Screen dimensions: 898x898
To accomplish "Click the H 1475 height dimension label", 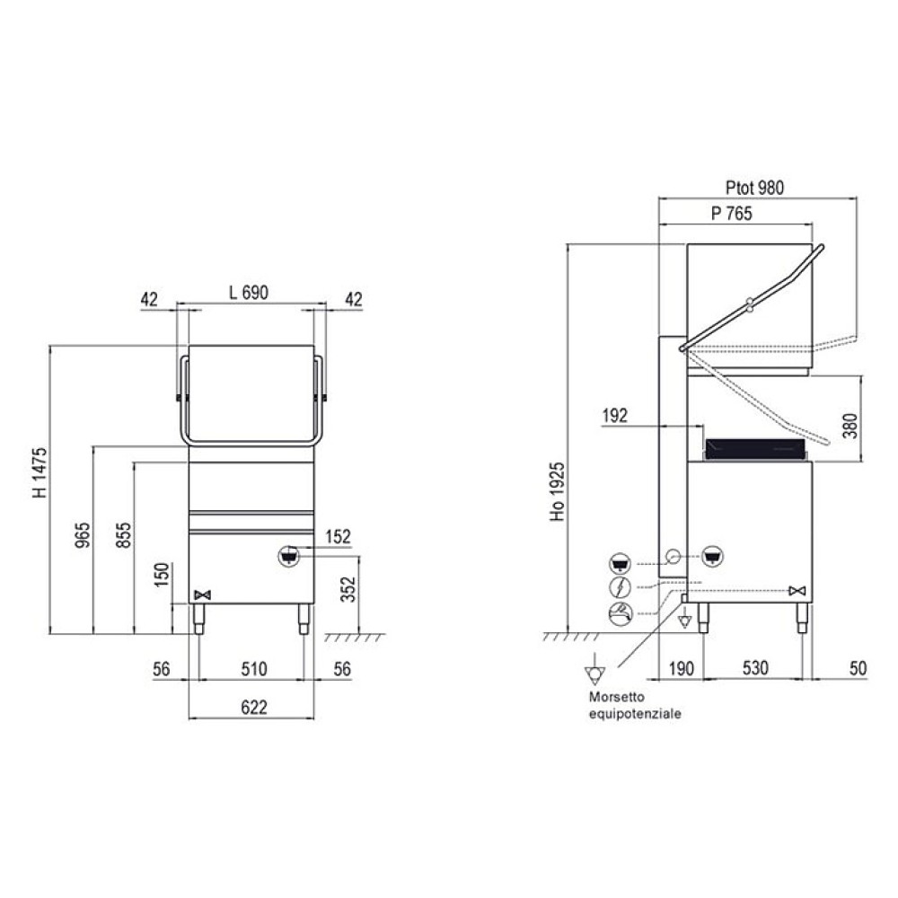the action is [x=40, y=473].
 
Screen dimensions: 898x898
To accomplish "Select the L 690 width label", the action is [x=249, y=293].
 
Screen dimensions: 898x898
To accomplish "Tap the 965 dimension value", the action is [x=83, y=535].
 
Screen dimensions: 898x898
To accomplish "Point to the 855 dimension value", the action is [x=123, y=535].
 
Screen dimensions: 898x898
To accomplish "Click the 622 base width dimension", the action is [x=254, y=708].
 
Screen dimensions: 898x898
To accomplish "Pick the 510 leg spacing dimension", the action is [x=254, y=669].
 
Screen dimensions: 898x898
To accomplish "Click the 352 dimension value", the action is [x=348, y=589].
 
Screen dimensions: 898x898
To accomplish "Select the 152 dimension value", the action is [x=338, y=537].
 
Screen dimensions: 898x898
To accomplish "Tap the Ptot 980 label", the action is [x=755, y=188].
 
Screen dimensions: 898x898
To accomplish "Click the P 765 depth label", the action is [x=732, y=214].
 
